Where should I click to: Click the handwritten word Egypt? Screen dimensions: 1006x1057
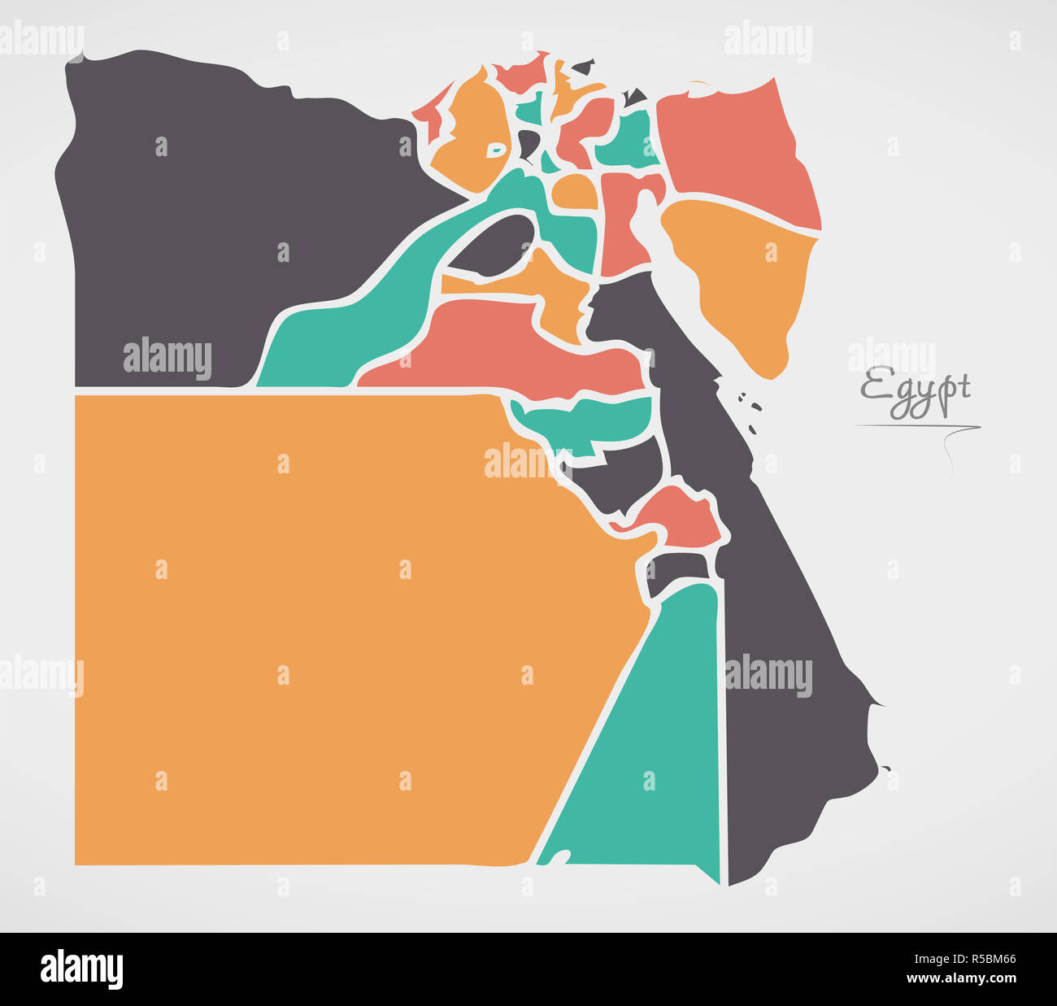pos(916,392)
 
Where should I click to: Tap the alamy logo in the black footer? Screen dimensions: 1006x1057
pos(81,969)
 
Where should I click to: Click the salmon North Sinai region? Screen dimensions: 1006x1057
pos(732,146)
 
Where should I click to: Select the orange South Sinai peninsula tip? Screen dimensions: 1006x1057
pos(748,285)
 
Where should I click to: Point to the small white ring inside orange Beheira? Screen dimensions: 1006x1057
pos(495,150)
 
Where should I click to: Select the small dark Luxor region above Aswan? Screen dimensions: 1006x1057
pos(680,569)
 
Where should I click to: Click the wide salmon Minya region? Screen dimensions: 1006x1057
pos(504,342)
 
